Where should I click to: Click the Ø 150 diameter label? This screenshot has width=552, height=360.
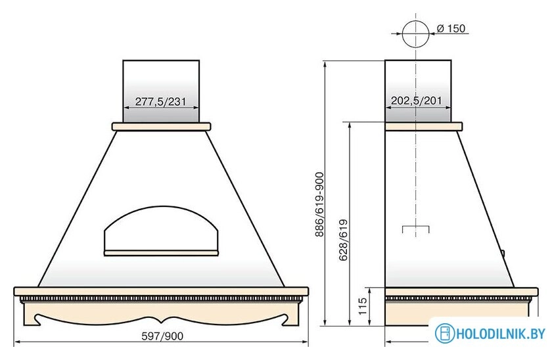coord(451,28)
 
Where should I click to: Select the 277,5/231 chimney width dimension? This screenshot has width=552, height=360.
coord(160,101)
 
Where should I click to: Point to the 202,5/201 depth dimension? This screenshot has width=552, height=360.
coord(416,101)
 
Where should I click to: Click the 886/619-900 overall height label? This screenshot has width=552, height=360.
coord(319,204)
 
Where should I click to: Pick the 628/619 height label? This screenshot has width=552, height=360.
coord(343,240)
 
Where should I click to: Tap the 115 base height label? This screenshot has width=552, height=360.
coord(363,306)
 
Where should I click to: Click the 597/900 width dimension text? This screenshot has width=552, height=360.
coord(162,336)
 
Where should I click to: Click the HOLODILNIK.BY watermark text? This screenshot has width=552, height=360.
coord(501,334)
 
